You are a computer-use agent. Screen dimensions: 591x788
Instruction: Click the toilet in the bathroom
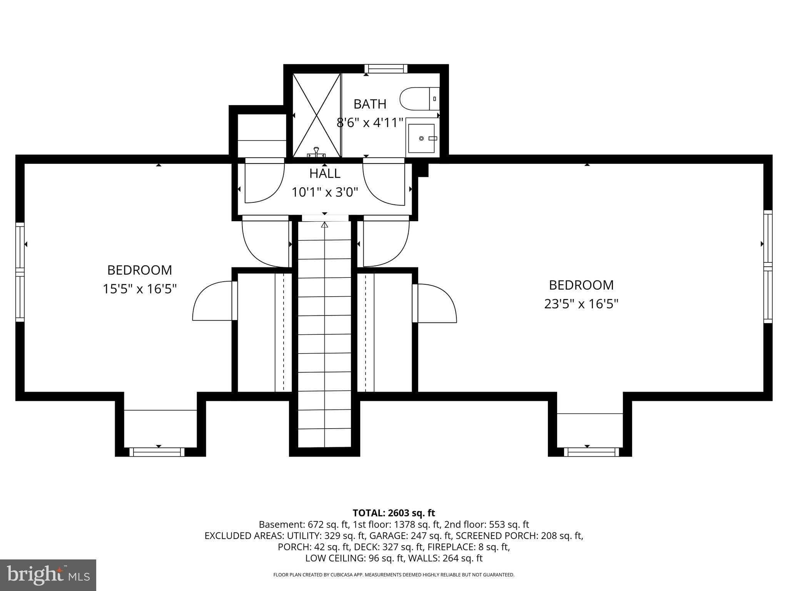(419, 99)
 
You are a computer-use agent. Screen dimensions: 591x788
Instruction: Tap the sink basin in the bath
(422, 138)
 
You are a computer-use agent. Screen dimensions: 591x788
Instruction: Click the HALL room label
(325, 174)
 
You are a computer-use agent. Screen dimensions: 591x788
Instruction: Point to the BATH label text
(370, 104)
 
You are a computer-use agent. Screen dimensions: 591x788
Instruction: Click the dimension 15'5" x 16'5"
(139, 289)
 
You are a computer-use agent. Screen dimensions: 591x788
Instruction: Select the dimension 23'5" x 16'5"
(581, 304)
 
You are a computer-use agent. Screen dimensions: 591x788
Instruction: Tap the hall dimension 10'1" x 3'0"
(325, 192)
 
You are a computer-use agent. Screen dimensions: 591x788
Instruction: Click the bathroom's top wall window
(386, 69)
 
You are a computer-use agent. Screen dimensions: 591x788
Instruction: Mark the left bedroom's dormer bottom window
(157, 452)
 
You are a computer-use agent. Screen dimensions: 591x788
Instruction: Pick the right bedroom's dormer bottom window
(591, 452)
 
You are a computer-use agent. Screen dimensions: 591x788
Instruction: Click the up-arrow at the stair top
(324, 225)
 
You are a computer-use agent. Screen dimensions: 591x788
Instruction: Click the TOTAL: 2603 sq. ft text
(394, 513)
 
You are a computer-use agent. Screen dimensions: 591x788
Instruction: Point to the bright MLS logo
(48, 575)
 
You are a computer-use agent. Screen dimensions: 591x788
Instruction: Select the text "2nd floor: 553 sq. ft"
(486, 524)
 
